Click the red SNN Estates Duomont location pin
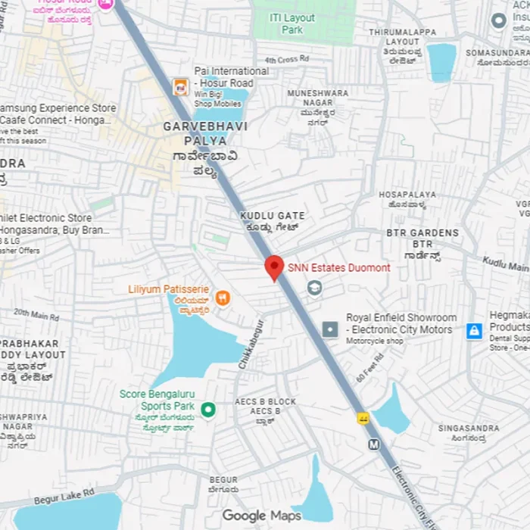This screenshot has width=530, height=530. click(x=274, y=267)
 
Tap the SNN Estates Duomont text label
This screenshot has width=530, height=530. click(x=339, y=268)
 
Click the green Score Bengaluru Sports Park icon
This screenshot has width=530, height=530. click(x=208, y=410)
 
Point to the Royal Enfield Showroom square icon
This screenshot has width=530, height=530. click(x=330, y=329)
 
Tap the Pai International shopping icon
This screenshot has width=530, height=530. click(x=181, y=87)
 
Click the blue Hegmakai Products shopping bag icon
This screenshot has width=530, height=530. click(x=474, y=331)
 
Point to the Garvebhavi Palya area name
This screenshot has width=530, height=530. click(x=205, y=133)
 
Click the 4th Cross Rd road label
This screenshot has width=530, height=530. click(x=287, y=59)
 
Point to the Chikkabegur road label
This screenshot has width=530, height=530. click(x=251, y=344)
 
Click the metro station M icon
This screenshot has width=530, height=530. click(x=374, y=444)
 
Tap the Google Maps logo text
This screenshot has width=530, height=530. click(x=262, y=516)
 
